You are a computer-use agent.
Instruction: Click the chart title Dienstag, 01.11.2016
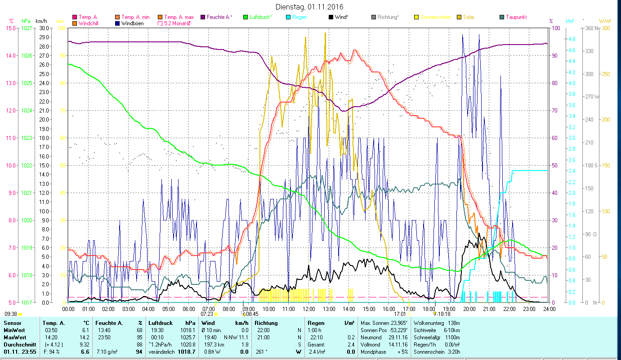[x=309, y=7]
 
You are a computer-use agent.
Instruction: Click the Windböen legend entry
[x=132, y=23]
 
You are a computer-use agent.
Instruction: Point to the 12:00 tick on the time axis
[x=309, y=309]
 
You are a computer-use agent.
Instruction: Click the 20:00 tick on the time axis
[x=469, y=309]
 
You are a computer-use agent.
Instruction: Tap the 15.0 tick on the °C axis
[x=10, y=28]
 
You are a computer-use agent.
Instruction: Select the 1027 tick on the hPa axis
[x=27, y=28]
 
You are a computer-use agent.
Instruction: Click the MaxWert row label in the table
[x=15, y=337]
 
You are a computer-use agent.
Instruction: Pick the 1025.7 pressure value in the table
[x=186, y=337]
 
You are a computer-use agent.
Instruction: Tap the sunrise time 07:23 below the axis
[x=207, y=314]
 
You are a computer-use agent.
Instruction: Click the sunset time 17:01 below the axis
[x=400, y=314]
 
